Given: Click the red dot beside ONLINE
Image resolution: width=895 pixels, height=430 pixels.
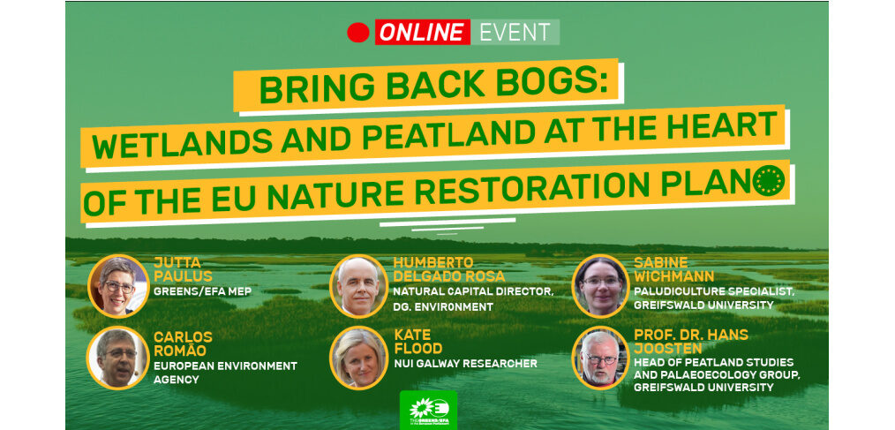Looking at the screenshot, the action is click(358, 32).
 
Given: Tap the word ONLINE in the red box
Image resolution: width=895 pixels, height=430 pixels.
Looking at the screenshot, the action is click(423, 32).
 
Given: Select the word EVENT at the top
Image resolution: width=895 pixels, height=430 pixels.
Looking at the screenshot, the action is click(515, 32).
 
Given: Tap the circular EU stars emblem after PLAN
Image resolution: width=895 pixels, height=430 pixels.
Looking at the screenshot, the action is click(768, 180).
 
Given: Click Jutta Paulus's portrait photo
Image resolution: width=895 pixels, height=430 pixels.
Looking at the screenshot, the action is click(119, 285).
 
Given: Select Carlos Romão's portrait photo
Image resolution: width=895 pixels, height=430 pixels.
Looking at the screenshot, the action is click(117, 358).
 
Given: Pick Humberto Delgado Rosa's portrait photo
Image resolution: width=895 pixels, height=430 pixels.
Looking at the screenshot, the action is click(358, 286).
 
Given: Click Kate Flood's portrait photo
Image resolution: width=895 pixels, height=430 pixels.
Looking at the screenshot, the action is click(359, 358).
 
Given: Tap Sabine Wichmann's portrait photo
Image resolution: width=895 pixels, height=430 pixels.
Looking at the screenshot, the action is click(600, 285).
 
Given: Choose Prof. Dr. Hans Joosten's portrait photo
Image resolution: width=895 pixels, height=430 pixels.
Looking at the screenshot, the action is click(600, 358).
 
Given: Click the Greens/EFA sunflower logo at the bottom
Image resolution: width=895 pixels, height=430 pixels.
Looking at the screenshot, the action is click(428, 410).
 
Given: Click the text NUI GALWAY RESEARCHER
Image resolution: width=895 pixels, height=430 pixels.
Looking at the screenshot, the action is click(466, 363).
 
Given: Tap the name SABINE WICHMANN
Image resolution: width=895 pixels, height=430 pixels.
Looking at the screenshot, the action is click(673, 269).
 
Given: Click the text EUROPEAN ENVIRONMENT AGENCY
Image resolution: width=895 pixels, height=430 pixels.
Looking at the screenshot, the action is click(225, 372).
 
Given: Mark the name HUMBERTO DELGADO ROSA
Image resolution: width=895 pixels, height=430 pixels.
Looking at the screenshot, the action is click(449, 269).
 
